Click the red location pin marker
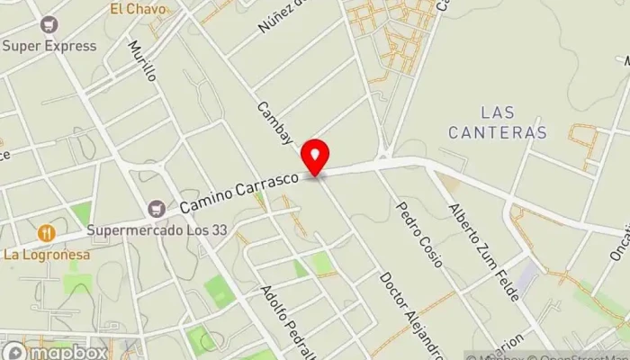[x=315, y=158]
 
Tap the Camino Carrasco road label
[x=238, y=193]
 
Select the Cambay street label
[x=274, y=122]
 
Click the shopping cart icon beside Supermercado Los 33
[x=157, y=208]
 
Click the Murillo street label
[x=142, y=60]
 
